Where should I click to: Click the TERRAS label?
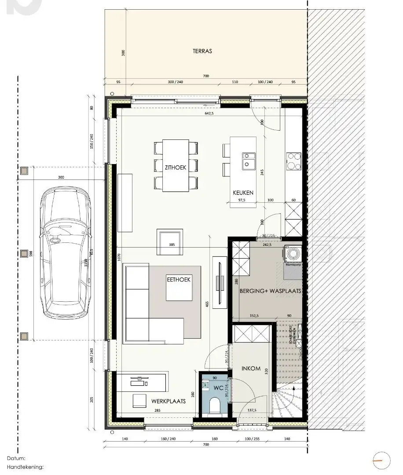(x=202, y=51)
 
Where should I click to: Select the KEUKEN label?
(x=243, y=193)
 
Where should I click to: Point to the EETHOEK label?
(x=179, y=279)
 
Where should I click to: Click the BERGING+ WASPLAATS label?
(x=270, y=291)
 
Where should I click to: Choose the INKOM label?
(x=251, y=369)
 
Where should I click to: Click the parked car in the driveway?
(x=65, y=253)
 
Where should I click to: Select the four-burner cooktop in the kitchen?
(x=293, y=161)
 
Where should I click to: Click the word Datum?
(x=16, y=458)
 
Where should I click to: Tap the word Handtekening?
(x=25, y=467)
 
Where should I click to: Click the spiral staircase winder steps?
(x=288, y=400)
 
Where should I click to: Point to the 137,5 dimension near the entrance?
(x=252, y=410)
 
